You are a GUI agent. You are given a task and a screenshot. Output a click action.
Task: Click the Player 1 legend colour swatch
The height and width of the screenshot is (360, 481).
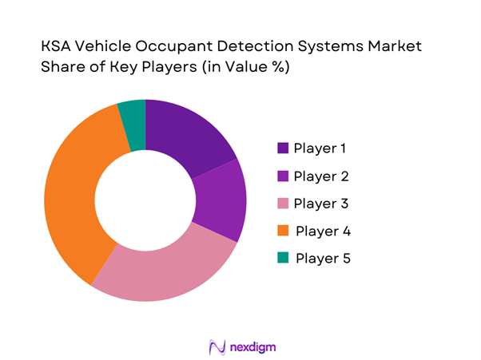tap(284, 148)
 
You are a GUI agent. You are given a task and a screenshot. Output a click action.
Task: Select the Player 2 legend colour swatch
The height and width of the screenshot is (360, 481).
tap(284, 176)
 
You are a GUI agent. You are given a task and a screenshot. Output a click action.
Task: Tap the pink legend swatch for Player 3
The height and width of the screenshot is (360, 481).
tap(284, 203)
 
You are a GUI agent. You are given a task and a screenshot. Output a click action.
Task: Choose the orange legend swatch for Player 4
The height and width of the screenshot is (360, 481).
tap(284, 231)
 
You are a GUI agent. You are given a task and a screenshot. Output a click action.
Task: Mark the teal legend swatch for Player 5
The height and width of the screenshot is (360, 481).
tap(284, 258)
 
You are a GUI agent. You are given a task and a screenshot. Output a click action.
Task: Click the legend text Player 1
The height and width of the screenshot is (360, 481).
tap(320, 148)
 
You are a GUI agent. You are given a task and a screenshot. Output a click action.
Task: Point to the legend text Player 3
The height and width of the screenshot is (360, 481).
tap(321, 203)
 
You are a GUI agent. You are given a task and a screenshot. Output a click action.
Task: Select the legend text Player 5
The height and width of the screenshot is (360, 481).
tap(323, 258)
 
